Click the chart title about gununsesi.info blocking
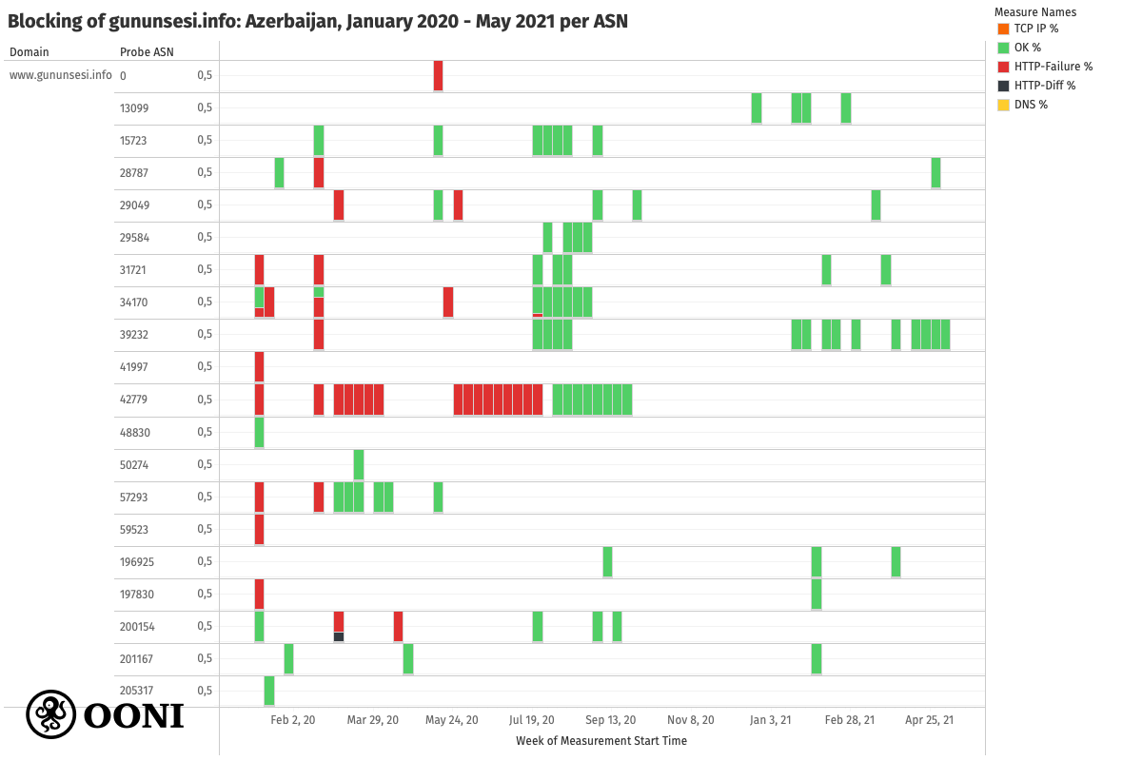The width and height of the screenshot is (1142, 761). pos(318,21)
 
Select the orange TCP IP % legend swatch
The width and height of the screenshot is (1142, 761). pos(1003,29)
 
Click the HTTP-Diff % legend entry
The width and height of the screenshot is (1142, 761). pos(1045,86)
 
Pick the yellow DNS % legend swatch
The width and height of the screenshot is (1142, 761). pos(1003,105)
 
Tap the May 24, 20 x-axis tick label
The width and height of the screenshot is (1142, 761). pos(452,720)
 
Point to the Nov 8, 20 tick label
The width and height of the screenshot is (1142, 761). pos(690,720)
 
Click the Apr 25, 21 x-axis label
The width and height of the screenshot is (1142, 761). pos(929,720)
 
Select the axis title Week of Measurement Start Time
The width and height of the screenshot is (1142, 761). pos(601,740)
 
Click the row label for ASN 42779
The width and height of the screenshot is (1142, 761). pos(135,400)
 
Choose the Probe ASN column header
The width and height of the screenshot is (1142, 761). pos(147,52)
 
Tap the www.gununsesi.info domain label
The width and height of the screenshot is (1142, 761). pos(60,75)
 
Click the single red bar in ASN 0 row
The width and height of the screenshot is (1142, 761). pos(438,75)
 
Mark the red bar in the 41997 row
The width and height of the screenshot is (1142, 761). pos(259,367)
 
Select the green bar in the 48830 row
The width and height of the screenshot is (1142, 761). pos(259,432)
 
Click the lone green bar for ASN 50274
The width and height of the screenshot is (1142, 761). pos(359,464)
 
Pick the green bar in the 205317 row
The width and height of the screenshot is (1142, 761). pos(269,691)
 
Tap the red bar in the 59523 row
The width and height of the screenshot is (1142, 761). pos(259,530)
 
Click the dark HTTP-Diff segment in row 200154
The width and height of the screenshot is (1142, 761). pos(339,636)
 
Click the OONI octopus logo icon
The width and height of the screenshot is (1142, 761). pos(50,714)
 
